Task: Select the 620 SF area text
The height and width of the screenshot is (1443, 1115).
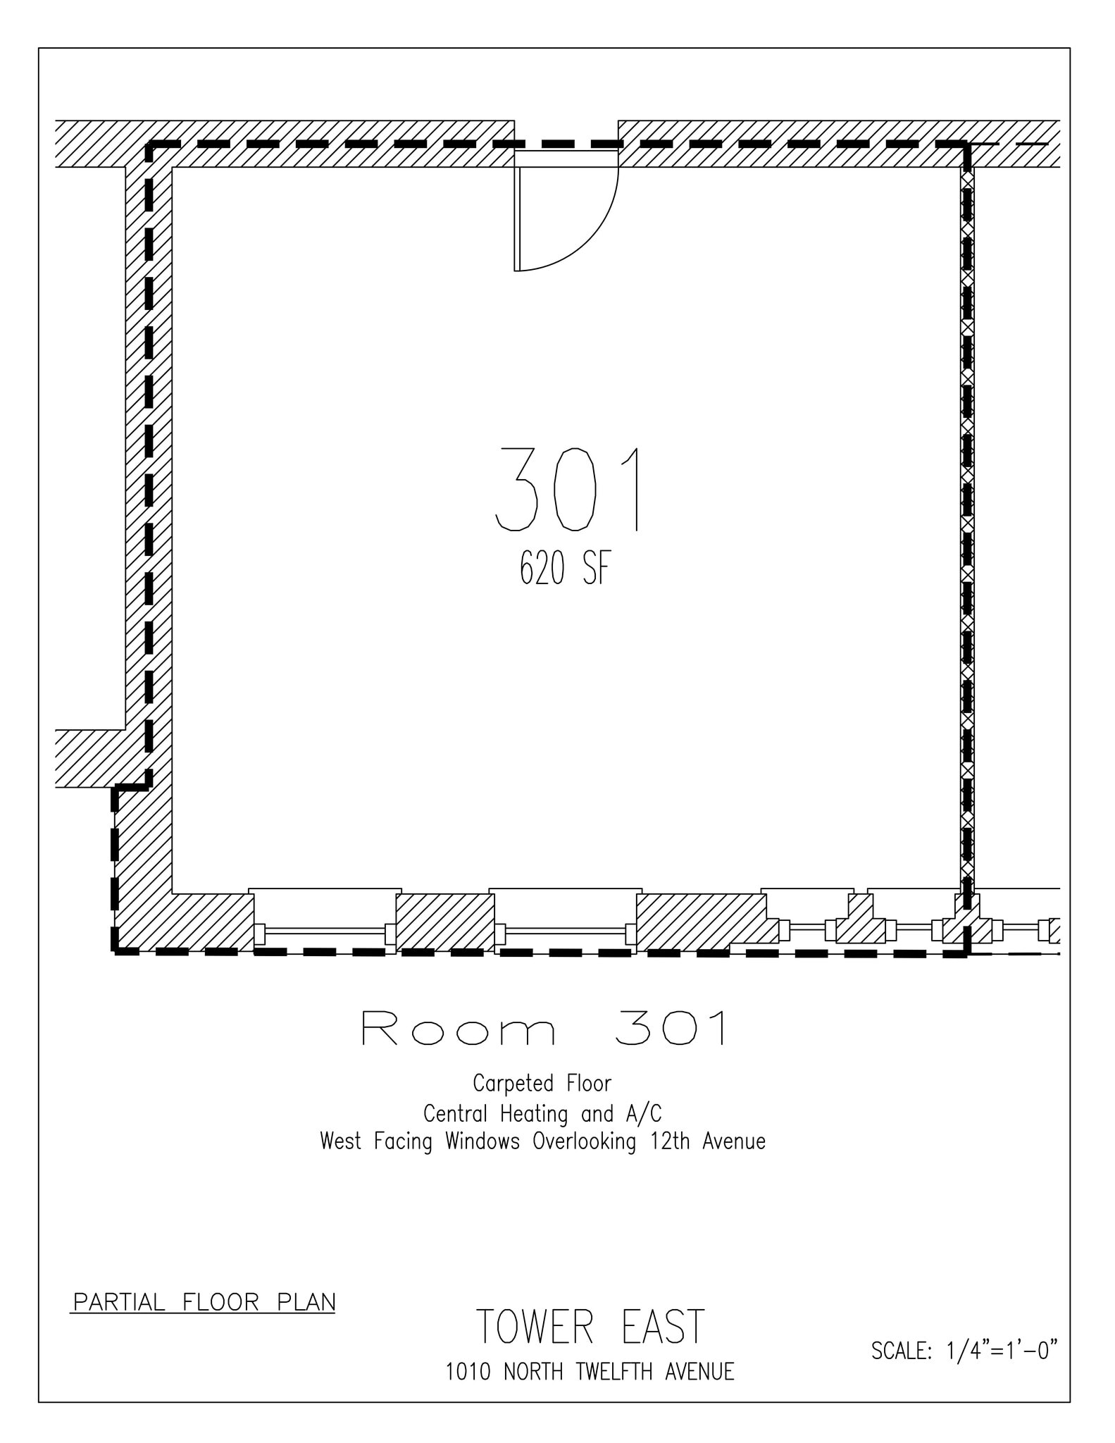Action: coord(562,568)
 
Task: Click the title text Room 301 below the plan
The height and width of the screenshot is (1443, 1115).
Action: coord(544,1029)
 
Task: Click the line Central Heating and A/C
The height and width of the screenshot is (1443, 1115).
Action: coord(542,1114)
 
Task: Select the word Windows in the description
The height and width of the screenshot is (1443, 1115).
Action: coord(482,1141)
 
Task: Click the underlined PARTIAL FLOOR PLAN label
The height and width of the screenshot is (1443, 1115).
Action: coord(204,1302)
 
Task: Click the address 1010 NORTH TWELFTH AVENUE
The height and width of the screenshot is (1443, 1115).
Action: coord(590,1372)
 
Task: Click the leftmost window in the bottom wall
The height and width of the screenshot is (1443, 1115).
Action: coord(325,931)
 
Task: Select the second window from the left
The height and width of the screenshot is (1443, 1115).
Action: coord(566,931)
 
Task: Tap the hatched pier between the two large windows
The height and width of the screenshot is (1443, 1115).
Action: coord(444,922)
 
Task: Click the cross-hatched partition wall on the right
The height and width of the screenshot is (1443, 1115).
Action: coord(968,528)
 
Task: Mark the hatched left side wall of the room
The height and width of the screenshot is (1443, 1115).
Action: coord(149,458)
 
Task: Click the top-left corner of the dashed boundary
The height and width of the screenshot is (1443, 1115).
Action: coord(149,144)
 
